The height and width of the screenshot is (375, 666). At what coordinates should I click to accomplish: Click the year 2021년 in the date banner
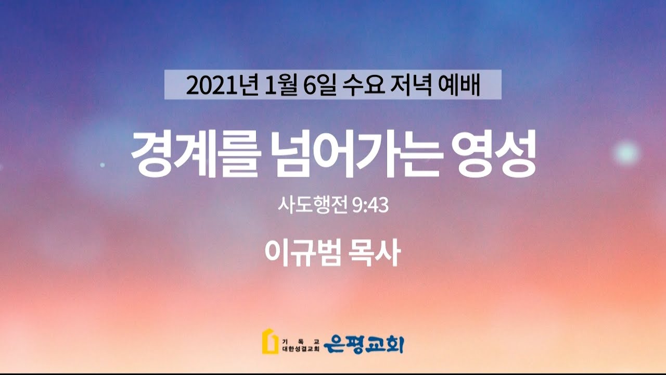[222, 85]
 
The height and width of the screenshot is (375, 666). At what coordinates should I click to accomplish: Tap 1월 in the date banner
[280, 85]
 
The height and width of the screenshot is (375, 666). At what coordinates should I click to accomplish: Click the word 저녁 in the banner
[411, 85]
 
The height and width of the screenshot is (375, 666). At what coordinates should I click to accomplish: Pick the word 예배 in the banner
[459, 85]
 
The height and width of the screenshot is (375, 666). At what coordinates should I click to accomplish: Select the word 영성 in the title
[494, 154]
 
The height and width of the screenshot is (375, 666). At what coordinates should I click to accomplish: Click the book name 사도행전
[313, 205]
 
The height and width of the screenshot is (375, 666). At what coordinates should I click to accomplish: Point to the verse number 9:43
[370, 205]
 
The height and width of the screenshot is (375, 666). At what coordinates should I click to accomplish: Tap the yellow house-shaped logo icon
[270, 342]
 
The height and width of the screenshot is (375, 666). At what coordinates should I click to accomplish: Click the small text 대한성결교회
[300, 349]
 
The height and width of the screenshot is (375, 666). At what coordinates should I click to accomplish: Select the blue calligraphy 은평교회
[363, 345]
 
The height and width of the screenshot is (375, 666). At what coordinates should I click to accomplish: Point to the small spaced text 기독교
[300, 341]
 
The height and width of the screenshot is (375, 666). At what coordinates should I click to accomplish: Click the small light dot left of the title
[103, 165]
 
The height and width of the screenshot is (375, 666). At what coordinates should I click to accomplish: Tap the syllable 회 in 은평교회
[394, 345]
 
